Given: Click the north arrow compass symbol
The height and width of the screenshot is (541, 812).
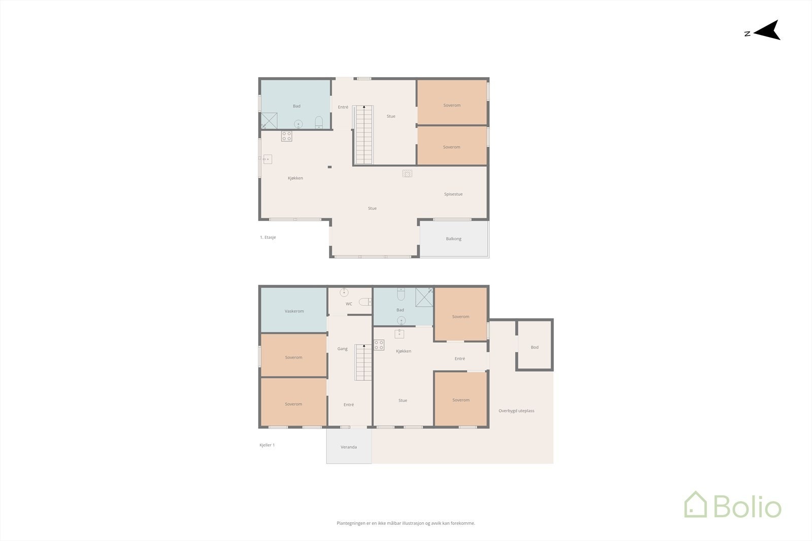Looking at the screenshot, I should [768, 30].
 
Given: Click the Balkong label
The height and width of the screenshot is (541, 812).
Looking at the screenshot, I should [454, 239].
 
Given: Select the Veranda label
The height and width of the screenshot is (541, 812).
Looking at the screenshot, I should [349, 447].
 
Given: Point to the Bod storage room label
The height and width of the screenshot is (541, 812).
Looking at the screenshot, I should [534, 347].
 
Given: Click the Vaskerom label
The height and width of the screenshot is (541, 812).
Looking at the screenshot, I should [294, 311].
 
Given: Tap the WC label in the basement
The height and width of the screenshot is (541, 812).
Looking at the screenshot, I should [349, 304].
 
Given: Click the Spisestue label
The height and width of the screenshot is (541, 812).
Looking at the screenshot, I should [453, 194].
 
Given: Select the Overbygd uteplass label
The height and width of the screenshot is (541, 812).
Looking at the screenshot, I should [516, 411].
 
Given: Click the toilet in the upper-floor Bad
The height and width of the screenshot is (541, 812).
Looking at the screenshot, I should [319, 122].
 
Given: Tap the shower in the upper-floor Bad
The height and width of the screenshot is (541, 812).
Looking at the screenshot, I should [269, 120].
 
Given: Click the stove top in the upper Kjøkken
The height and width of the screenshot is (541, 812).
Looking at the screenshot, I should [287, 136].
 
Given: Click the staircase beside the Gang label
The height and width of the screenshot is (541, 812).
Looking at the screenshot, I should [363, 363].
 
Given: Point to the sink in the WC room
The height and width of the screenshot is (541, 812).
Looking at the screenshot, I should [345, 292].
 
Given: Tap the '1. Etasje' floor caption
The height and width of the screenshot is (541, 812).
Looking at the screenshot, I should [268, 237].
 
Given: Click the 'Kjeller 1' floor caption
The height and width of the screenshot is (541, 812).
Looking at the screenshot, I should [267, 445].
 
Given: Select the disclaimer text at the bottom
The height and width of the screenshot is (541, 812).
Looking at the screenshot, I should [405, 523].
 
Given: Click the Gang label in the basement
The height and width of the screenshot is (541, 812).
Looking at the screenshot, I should [343, 349].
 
